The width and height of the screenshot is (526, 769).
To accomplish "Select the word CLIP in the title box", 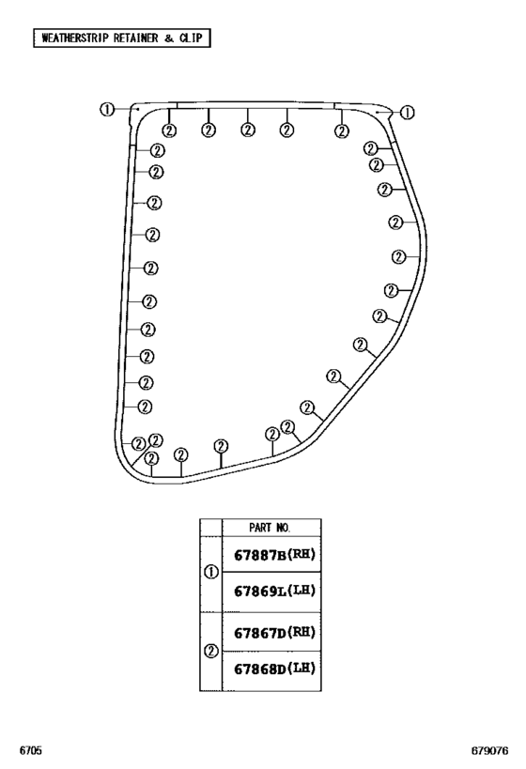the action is [191, 38].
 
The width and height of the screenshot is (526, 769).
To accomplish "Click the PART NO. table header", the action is [270, 528].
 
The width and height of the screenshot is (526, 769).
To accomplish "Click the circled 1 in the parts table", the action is [211, 573].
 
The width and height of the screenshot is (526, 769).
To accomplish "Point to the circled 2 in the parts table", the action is [211, 652].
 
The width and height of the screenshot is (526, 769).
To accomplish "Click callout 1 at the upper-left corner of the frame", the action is [106, 109].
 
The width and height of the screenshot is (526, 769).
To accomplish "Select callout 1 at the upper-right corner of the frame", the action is [408, 113].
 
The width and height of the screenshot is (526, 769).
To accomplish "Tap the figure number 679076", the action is [489, 750].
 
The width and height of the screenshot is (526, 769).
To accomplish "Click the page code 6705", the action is [30, 750].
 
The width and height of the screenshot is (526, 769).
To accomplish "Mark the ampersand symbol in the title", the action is [169, 38].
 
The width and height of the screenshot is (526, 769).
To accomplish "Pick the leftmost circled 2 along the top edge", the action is [169, 131].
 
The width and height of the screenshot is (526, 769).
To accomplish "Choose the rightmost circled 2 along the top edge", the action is [342, 131].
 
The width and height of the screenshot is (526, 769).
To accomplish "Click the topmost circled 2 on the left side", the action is [157, 150].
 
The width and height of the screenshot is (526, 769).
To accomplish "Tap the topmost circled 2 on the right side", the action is [371, 148].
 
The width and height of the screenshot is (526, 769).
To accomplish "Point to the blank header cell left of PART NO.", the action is [211, 528].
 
